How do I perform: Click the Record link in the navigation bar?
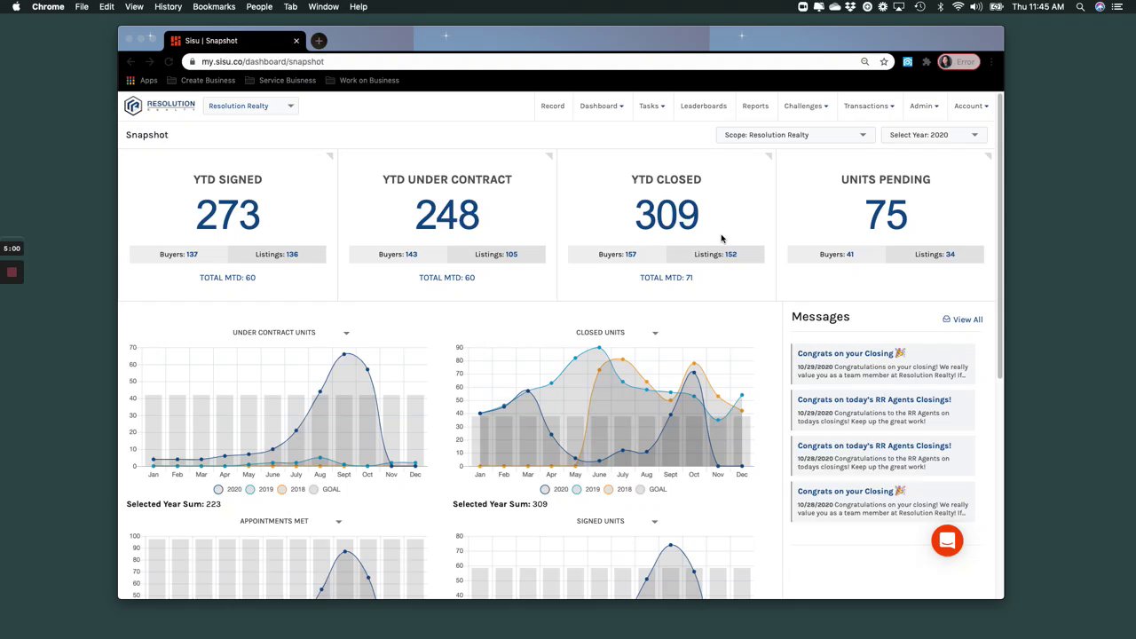pos(552,106)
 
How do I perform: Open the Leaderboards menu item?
pos(703,106)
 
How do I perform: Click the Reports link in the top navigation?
pos(755,106)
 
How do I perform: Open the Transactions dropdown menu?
pos(869,106)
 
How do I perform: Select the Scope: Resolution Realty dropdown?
pos(794,135)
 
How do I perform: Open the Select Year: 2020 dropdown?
pos(934,135)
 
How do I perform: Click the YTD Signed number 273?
pos(227,215)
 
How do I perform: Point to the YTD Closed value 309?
pos(667,215)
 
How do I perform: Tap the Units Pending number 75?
pos(886,215)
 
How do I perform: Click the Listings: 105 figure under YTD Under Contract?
pos(496,255)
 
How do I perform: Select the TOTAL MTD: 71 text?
pos(666,278)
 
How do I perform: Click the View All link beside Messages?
pos(963,319)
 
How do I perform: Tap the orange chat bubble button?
pos(947,540)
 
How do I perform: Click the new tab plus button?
pos(319,41)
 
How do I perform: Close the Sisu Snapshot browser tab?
pos(296,41)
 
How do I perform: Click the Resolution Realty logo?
pos(160,106)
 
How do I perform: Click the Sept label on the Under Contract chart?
pos(343,475)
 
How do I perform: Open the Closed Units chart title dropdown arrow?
pos(655,333)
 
